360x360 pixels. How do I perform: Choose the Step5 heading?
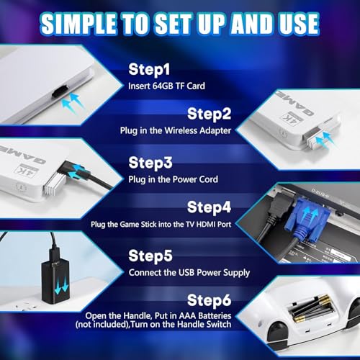tap(152, 255)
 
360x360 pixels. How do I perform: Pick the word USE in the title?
tap(292, 24)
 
